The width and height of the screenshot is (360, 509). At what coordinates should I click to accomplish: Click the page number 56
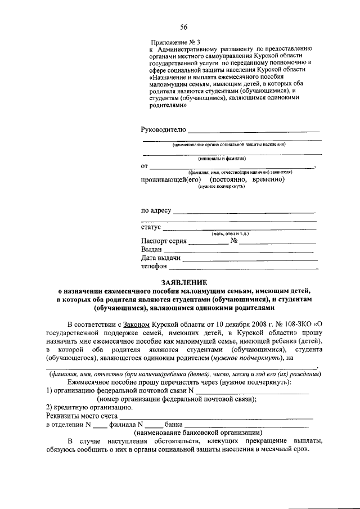[183, 27]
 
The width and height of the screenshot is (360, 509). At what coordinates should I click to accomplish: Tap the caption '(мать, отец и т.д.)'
[230, 233]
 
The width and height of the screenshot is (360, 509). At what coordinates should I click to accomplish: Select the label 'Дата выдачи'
[161, 258]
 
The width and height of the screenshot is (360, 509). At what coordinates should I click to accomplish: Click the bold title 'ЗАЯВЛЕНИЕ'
[181, 282]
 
